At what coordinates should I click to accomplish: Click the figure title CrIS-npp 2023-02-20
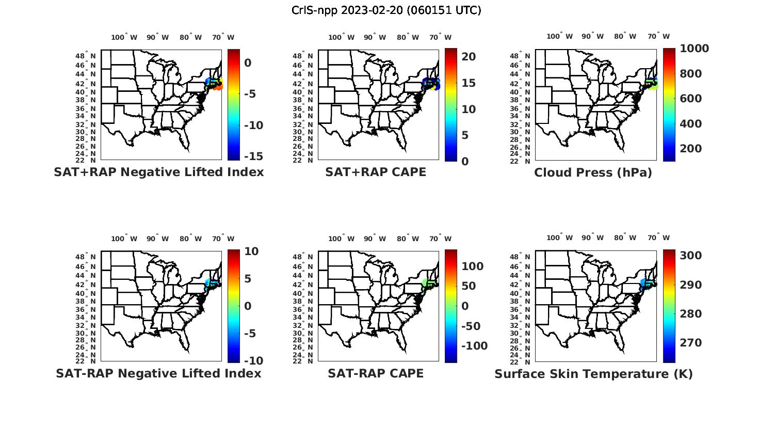(x=386, y=10)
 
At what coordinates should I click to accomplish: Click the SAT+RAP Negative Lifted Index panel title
(x=159, y=172)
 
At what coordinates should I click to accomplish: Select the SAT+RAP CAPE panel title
(x=376, y=172)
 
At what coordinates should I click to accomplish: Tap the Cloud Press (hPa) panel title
(x=593, y=172)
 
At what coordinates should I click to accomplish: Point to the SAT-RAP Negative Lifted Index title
(x=158, y=373)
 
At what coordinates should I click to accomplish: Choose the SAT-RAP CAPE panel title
(x=376, y=373)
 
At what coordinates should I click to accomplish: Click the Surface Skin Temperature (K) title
(x=593, y=374)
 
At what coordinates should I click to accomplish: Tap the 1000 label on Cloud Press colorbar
(x=694, y=49)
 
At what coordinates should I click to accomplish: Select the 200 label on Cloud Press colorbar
(x=691, y=149)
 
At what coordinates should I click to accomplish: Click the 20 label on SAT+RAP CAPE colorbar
(x=469, y=57)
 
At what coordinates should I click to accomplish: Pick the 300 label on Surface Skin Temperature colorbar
(x=691, y=256)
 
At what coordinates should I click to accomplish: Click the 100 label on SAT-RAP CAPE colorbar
(x=472, y=266)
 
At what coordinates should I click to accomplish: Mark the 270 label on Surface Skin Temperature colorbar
(x=691, y=343)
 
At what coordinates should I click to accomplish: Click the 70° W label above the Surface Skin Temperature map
(x=658, y=238)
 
